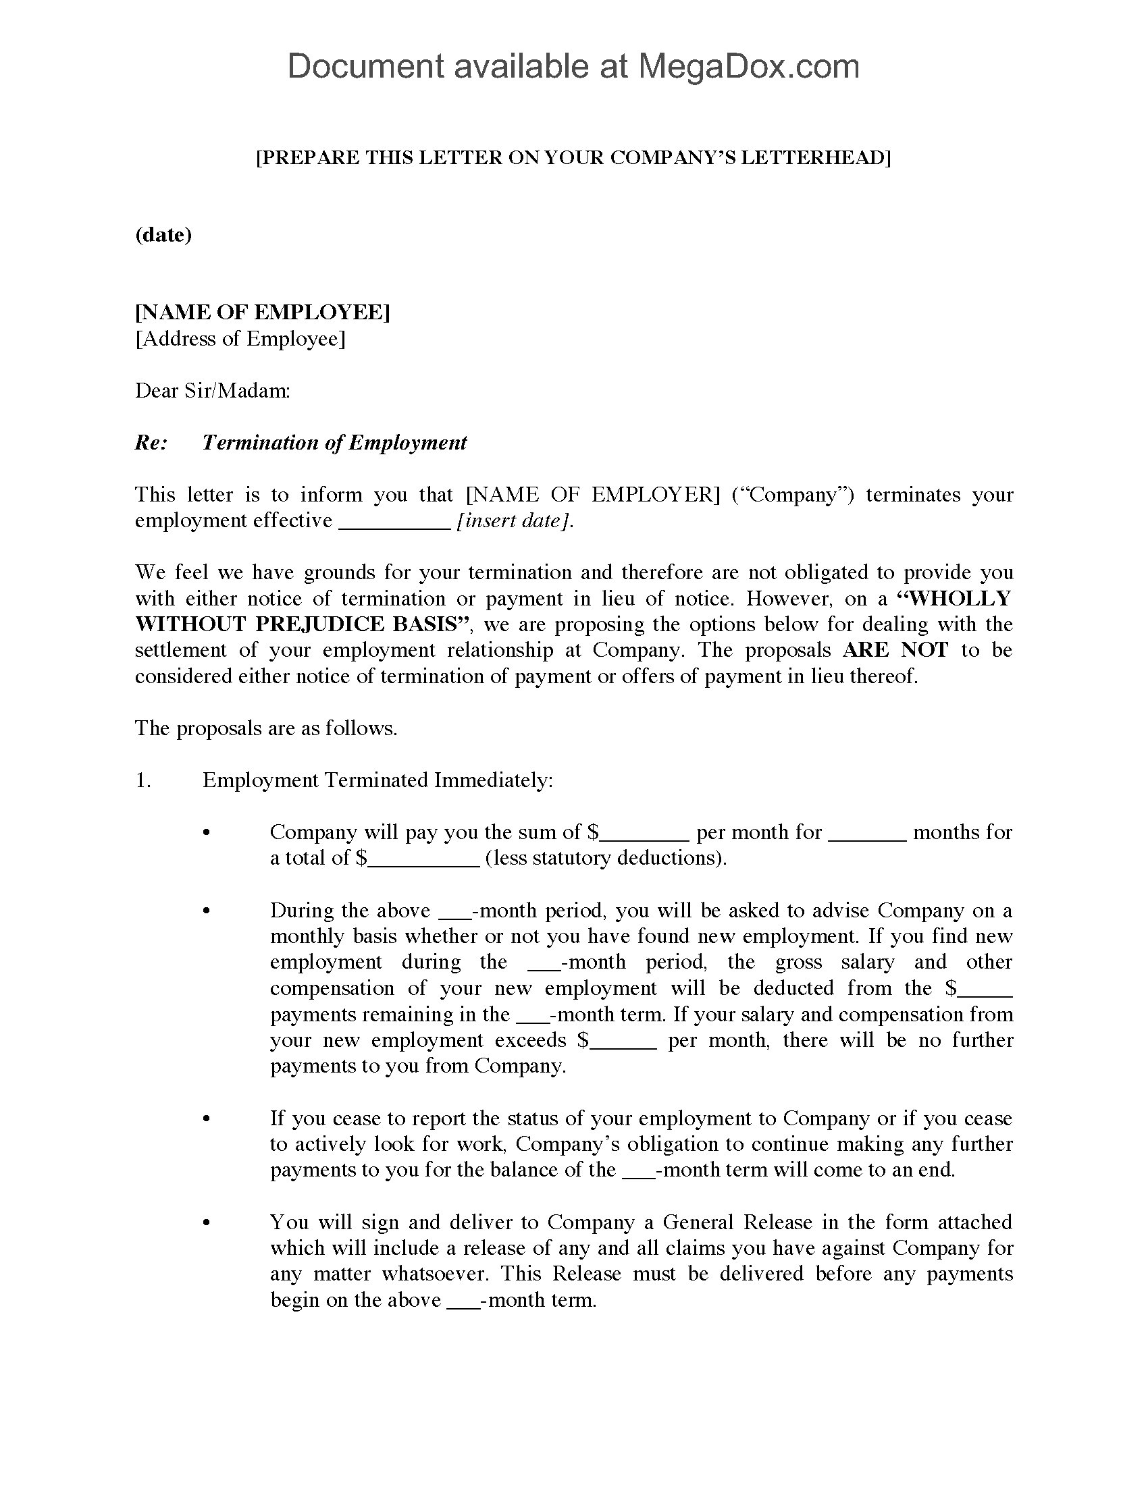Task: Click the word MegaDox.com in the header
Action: (748, 67)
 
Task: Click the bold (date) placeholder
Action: (163, 235)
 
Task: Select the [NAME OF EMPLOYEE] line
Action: (263, 312)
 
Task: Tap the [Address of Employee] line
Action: (240, 339)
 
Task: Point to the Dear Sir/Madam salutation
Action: (212, 391)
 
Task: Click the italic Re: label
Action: (151, 443)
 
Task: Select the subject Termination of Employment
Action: (334, 443)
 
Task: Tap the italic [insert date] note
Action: (515, 521)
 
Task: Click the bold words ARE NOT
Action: (895, 650)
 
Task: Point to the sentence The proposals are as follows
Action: (266, 728)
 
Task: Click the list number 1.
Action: (142, 780)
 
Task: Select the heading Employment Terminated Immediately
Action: (377, 780)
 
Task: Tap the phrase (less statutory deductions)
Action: (606, 858)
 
